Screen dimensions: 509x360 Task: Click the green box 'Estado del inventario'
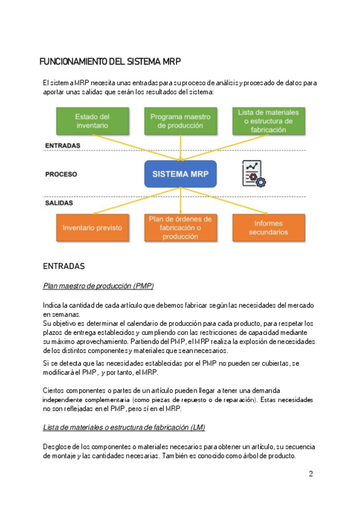92,121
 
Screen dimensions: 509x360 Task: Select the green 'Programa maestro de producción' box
180,121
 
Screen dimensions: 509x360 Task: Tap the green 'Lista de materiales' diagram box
269,121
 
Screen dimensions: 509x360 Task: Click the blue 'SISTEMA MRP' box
180,175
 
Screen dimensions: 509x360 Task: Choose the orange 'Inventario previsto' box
92,228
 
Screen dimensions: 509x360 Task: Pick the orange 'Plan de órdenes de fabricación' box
180,228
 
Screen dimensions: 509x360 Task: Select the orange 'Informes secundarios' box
269,228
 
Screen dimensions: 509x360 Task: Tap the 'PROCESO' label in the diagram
61,175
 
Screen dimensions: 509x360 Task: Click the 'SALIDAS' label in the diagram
59,203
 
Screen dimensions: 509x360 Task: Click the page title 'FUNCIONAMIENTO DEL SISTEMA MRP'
110,62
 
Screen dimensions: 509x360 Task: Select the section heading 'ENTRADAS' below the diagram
64,265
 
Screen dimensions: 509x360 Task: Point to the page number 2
311,474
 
